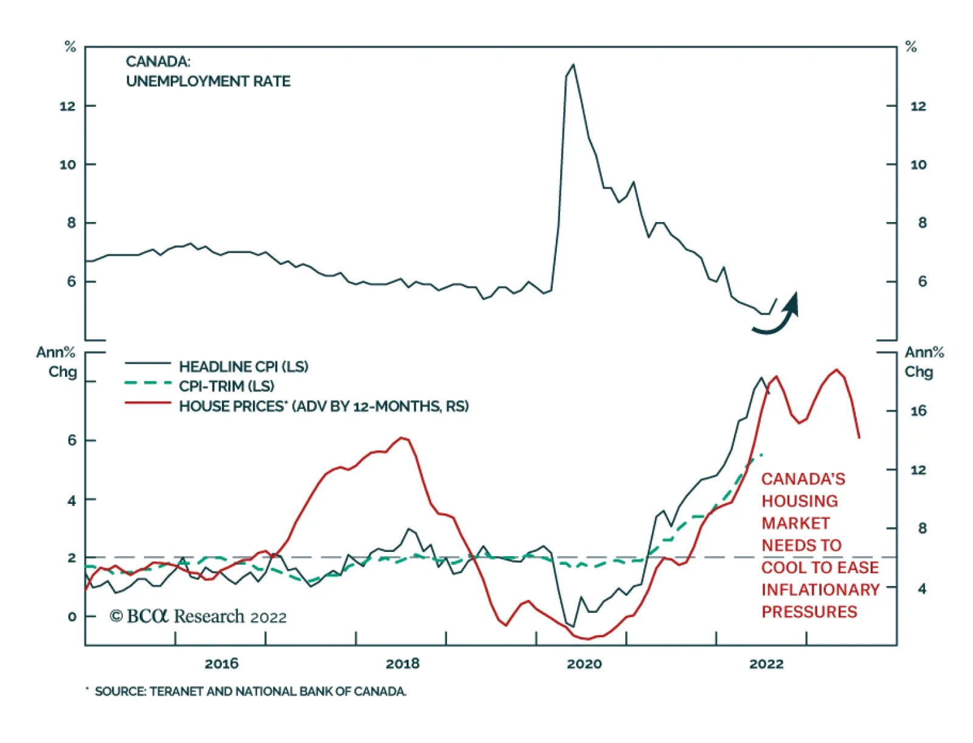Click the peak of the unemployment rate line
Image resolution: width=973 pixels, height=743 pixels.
coord(573,65)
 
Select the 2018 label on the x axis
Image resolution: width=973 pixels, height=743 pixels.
coord(403,663)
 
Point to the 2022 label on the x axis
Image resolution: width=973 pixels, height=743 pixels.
coord(766,663)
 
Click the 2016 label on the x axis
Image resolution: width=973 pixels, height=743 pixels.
coord(221,663)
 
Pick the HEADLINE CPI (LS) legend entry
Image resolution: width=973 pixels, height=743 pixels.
coord(243,367)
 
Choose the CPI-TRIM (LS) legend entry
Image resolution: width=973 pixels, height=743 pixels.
coord(226,386)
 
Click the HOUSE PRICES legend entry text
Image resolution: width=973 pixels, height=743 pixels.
coord(324,406)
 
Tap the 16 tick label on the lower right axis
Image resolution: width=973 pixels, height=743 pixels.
coord(918,411)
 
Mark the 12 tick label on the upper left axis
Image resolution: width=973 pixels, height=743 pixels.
coord(68,106)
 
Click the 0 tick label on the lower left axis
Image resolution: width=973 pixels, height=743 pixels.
coord(72,617)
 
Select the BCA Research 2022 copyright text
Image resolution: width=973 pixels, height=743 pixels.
coord(198,617)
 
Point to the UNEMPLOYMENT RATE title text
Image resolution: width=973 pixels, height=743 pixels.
coord(208,82)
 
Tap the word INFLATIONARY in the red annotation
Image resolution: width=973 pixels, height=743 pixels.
coord(820,590)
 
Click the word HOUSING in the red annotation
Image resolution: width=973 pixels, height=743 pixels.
coord(800,501)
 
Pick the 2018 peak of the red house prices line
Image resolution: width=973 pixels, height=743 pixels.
coord(402,438)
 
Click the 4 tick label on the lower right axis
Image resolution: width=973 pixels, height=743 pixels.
coord(922,589)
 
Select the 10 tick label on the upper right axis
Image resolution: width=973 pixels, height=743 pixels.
coord(918,165)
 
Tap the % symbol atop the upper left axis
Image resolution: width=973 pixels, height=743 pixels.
coord(71,47)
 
